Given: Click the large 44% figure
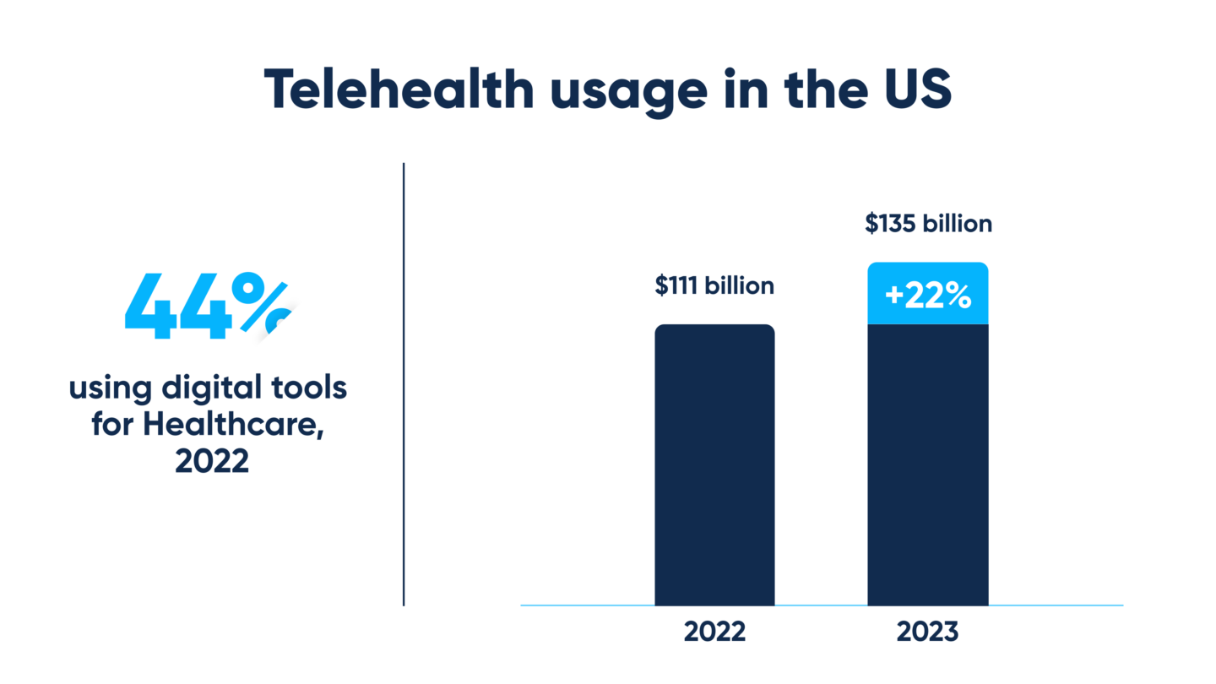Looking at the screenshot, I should pos(208,308).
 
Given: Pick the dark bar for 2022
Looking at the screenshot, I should pos(714,464).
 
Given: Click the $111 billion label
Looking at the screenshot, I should pos(714,286).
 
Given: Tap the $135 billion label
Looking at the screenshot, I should pos(928,225).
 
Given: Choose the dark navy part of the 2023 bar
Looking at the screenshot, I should pos(928,464).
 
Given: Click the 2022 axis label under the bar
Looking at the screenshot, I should pos(714,632).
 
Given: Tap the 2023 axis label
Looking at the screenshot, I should pos(928,632).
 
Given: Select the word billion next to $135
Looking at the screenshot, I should pos(956,225).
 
